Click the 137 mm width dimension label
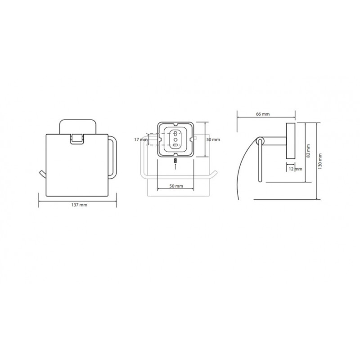tap(79, 205)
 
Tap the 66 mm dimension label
tap(263, 114)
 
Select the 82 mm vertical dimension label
tap(308, 151)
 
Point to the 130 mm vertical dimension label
tap(320, 161)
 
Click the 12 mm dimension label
tap(295, 169)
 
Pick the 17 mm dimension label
tap(141, 139)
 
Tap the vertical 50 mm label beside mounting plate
tap(213, 139)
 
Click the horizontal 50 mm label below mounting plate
tap(176, 186)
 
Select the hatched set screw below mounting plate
tap(175, 161)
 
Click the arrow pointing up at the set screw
tap(175, 167)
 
